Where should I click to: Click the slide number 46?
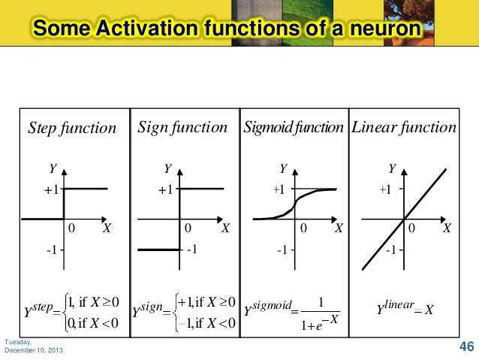tap(466, 346)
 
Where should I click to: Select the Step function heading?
tap(72, 128)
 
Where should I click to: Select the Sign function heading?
tap(182, 127)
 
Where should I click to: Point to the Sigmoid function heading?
tap(294, 127)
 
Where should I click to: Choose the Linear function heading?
tap(404, 127)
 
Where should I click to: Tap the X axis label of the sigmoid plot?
tap(338, 227)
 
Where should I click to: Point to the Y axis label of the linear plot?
tap(391, 168)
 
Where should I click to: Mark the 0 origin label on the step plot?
tap(71, 227)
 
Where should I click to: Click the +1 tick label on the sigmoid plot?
tap(279, 190)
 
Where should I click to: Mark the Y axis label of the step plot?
tap(53, 168)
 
